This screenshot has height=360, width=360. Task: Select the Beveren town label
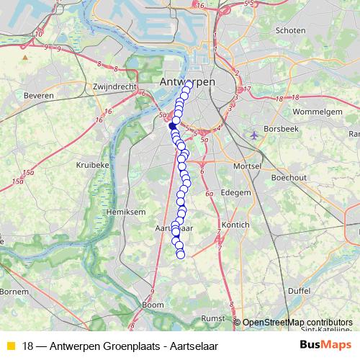click(x=40, y=94)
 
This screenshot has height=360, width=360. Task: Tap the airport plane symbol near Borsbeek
click(x=253, y=134)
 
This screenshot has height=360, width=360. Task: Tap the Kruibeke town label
click(x=92, y=165)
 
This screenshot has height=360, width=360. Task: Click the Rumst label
click(x=214, y=317)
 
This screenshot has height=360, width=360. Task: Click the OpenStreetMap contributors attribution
click(x=297, y=323)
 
